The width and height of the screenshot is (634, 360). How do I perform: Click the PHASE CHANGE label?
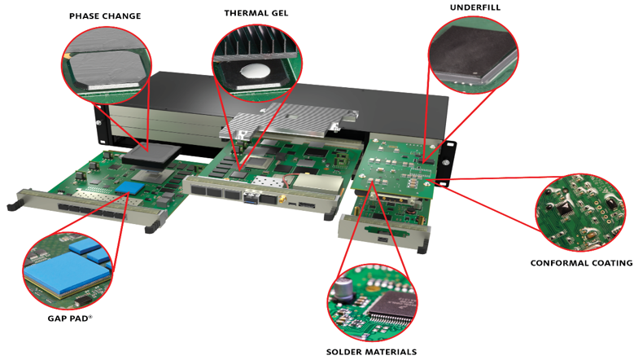pos(105,15)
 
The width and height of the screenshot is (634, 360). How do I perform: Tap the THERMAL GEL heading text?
pos(256,13)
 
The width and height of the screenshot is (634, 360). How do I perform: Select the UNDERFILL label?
pos(473,7)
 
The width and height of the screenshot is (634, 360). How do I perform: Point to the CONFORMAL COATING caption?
pos(581,263)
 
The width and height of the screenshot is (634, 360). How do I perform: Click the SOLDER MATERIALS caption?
pos(371,352)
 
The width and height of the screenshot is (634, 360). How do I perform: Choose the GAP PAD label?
pos(68,317)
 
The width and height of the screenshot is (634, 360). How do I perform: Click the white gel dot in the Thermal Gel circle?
pos(256,71)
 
